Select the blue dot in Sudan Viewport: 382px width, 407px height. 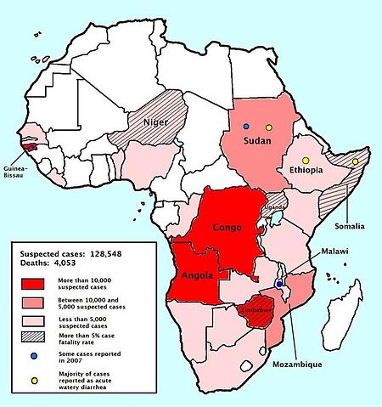(246, 127)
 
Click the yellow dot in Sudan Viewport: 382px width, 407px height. (268, 127)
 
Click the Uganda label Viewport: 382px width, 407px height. (276, 206)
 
